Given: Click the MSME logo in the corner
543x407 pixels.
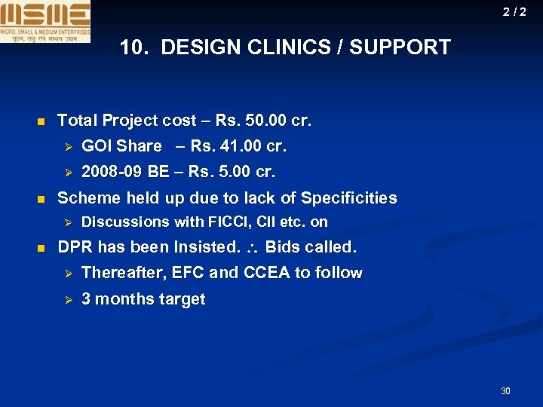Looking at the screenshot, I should coord(45,21).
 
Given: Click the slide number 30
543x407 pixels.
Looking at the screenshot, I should coord(505,390).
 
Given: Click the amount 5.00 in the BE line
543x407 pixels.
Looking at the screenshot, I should coord(230,172).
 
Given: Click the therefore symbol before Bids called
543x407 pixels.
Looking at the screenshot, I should coord(253,248).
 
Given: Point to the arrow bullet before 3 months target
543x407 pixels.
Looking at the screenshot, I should coord(66,300).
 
